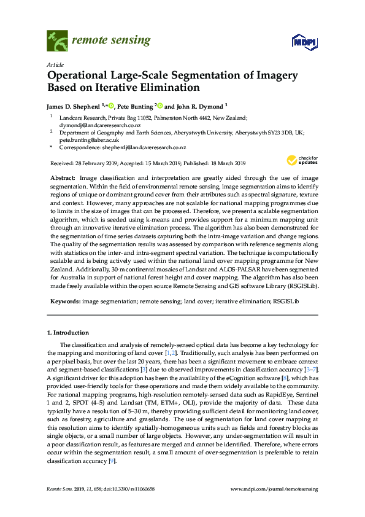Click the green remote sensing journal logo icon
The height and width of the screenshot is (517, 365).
click(x=57, y=41)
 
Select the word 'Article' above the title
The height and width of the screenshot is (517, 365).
click(x=55, y=64)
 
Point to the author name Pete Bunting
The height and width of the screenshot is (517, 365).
click(x=136, y=106)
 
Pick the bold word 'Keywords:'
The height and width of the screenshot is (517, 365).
click(x=64, y=301)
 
